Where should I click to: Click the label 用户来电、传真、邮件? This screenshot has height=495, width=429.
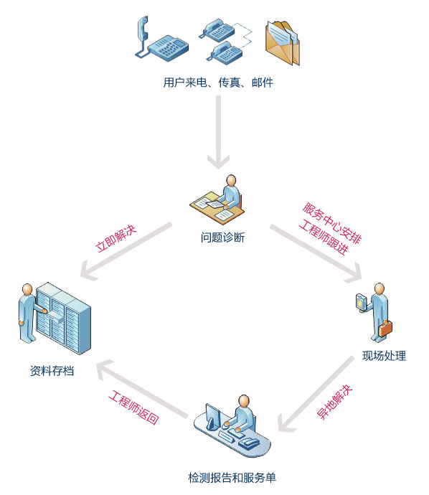click(218, 82)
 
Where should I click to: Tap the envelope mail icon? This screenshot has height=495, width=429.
click(283, 43)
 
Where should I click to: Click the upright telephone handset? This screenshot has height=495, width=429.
click(143, 29)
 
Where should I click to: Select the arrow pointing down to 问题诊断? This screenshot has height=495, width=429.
click(219, 132)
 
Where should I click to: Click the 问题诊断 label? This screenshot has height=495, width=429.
click(222, 237)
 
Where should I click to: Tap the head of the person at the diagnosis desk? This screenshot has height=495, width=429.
click(232, 180)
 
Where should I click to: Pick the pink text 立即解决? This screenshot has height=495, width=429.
click(115, 238)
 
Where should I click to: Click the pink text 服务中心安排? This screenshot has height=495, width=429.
click(331, 223)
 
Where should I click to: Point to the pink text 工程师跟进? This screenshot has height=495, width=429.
click(324, 237)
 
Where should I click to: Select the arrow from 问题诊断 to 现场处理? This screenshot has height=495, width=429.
click(316, 253)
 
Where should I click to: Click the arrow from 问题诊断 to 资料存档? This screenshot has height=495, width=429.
click(126, 250)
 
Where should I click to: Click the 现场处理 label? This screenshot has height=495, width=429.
click(384, 356)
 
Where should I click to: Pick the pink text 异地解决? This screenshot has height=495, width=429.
click(334, 402)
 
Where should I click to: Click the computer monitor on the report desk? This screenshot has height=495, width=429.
click(213, 415)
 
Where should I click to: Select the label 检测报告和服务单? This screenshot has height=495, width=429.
click(232, 477)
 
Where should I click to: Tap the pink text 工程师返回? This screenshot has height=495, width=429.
click(133, 407)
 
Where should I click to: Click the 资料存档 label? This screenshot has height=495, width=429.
click(52, 371)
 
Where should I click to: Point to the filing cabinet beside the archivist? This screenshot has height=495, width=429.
click(63, 318)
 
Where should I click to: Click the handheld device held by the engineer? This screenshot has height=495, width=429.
click(360, 302)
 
